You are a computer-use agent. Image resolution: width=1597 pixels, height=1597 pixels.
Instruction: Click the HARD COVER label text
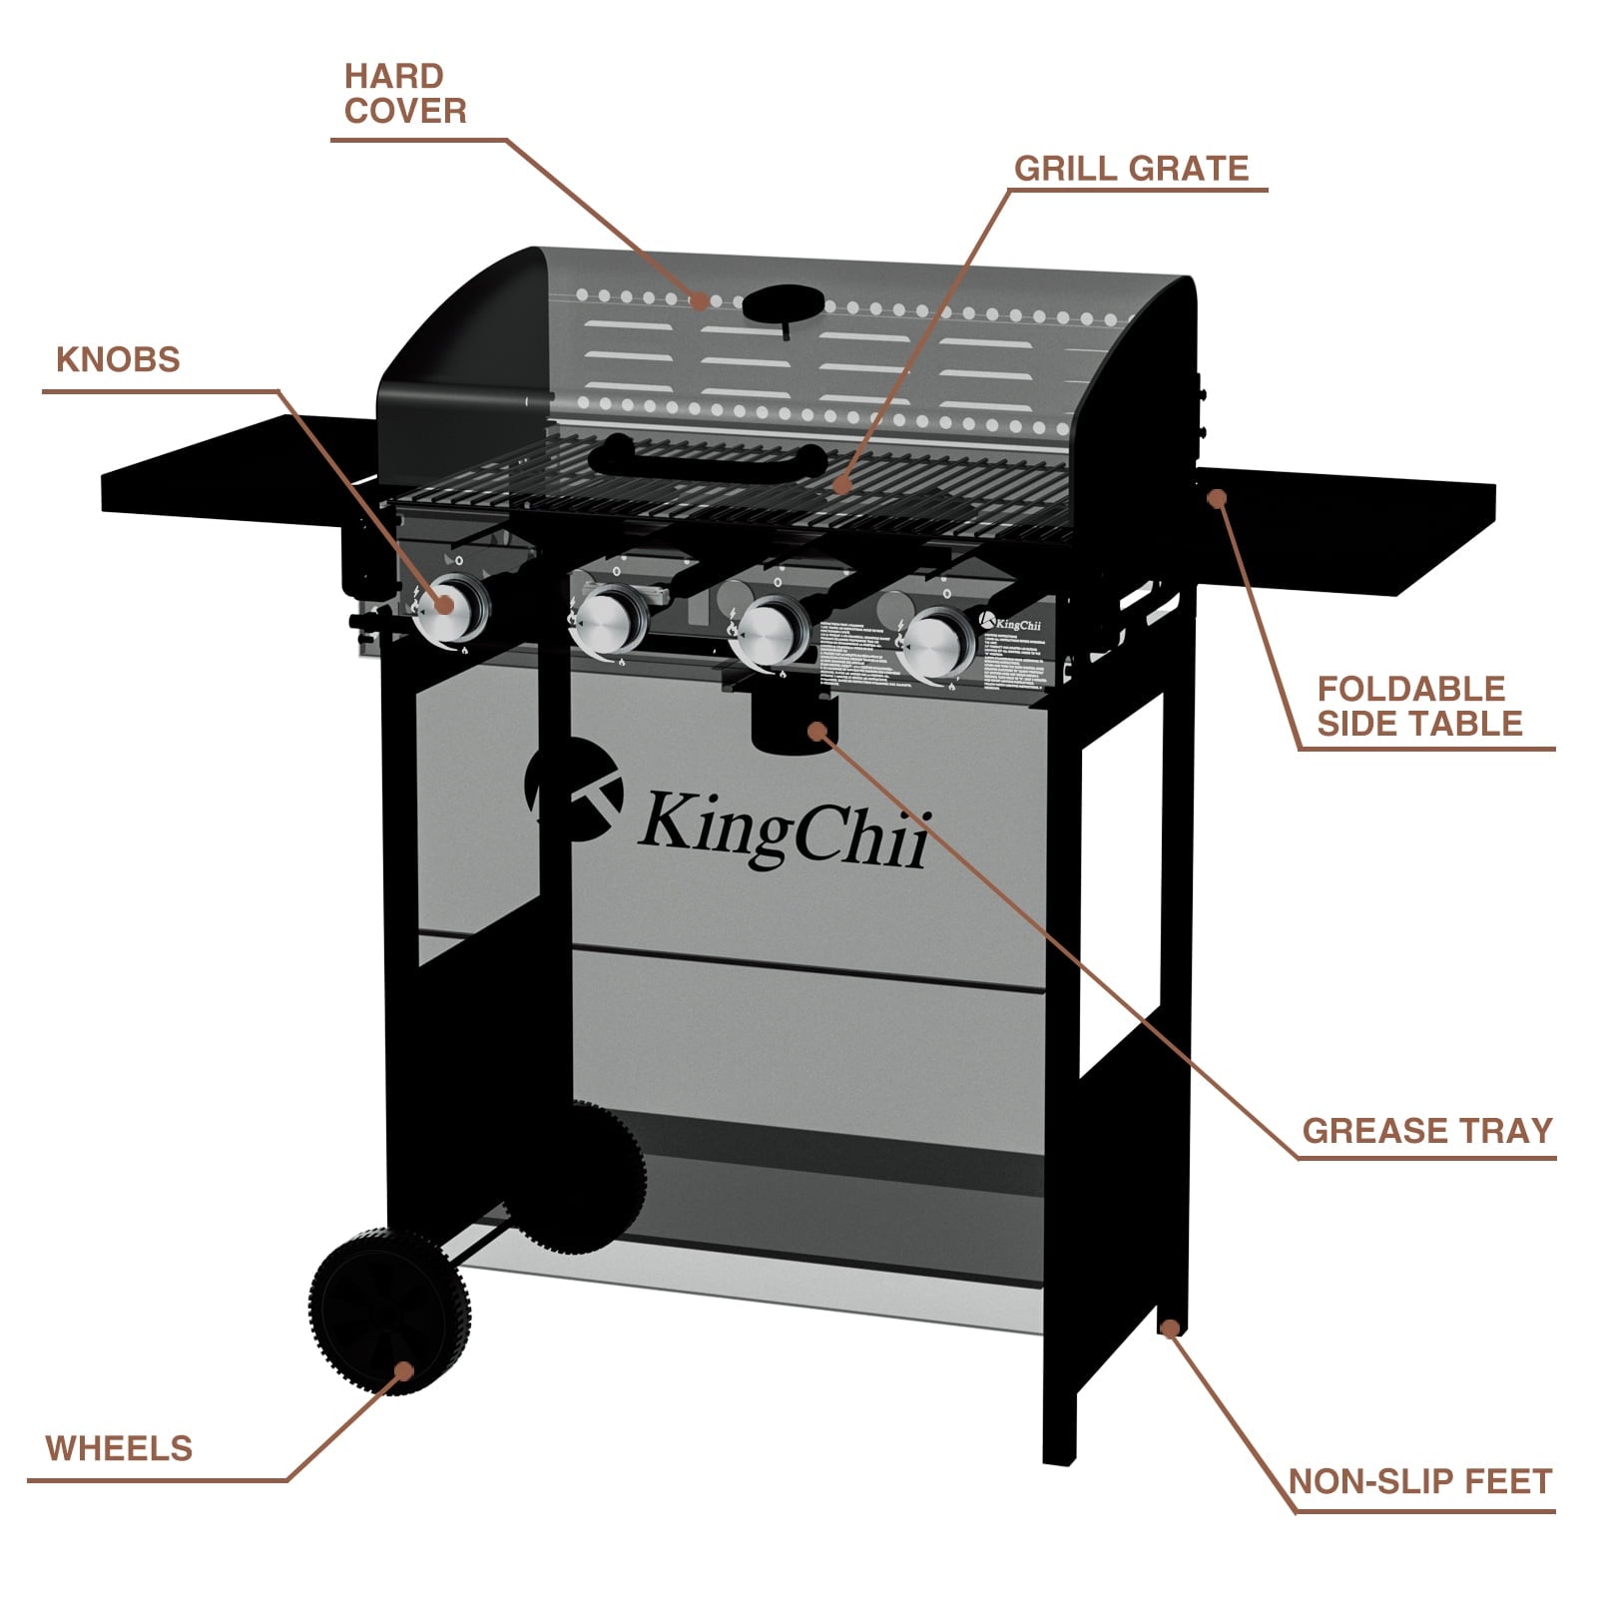pyautogui.click(x=404, y=94)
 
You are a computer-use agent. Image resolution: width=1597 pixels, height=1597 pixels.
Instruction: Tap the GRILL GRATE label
pyautogui.click(x=1131, y=169)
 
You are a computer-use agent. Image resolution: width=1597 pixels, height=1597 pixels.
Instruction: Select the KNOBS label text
pyautogui.click(x=118, y=359)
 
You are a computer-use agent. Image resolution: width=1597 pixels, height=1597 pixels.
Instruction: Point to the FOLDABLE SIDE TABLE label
pyautogui.click(x=1418, y=706)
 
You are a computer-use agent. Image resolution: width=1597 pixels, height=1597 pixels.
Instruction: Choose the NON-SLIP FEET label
pyautogui.click(x=1419, y=1481)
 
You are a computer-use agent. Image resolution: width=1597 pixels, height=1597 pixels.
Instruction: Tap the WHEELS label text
pyautogui.click(x=119, y=1448)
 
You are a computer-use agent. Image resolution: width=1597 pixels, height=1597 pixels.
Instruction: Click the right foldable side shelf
pyautogui.click(x=1347, y=529)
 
